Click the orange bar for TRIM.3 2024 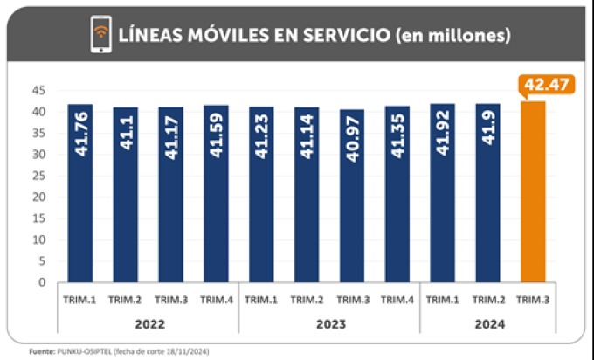[x=533, y=192]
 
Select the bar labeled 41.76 [x=79, y=192]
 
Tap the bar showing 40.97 [x=352, y=196]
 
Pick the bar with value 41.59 [x=216, y=193]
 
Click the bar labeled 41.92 [x=442, y=192]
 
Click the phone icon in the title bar [x=101, y=35]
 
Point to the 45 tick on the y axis [x=38, y=90]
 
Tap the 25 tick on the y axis [x=38, y=176]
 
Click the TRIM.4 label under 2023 [x=397, y=300]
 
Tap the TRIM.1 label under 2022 [x=79, y=300]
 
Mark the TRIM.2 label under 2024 [x=487, y=300]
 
